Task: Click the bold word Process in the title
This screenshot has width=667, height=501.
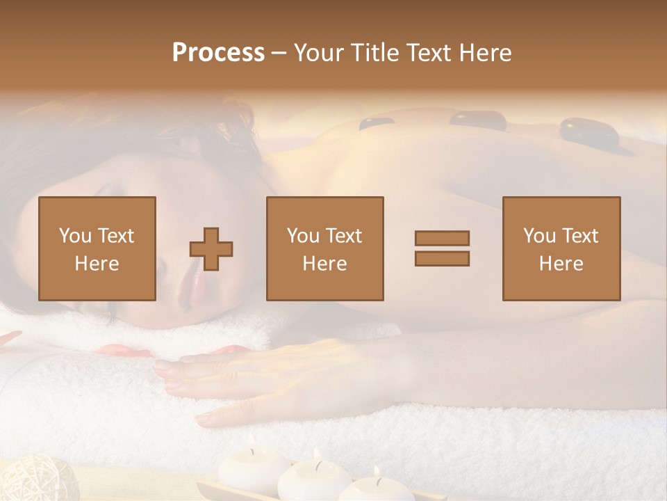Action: (x=218, y=53)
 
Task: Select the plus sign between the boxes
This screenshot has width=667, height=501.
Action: (x=211, y=249)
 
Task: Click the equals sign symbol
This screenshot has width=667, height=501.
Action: (x=442, y=248)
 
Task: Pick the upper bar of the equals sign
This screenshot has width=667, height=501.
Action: (x=442, y=239)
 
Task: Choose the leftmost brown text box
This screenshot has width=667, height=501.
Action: (x=97, y=248)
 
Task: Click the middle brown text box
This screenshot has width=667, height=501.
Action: (x=324, y=248)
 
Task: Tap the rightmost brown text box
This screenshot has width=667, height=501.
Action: (x=561, y=248)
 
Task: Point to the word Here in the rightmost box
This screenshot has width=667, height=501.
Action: (x=561, y=264)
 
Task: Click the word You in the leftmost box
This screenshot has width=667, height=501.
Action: (x=75, y=236)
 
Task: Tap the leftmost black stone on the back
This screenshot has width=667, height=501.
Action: (x=376, y=124)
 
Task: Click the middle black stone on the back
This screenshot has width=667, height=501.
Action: (x=478, y=119)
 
